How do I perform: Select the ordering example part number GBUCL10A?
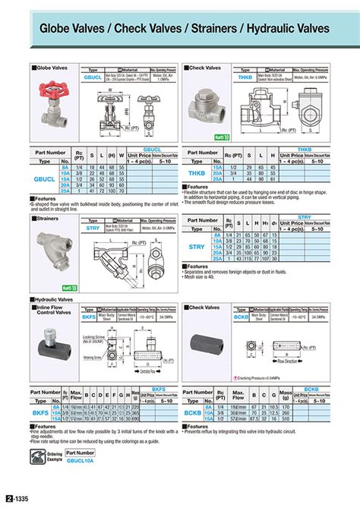coord(81,460)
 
